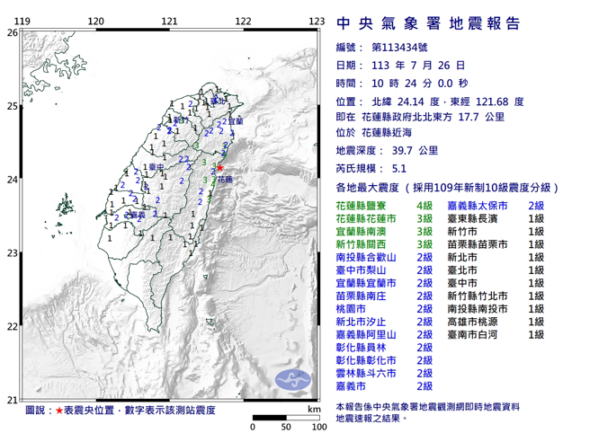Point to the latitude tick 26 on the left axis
tap(12, 32)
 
